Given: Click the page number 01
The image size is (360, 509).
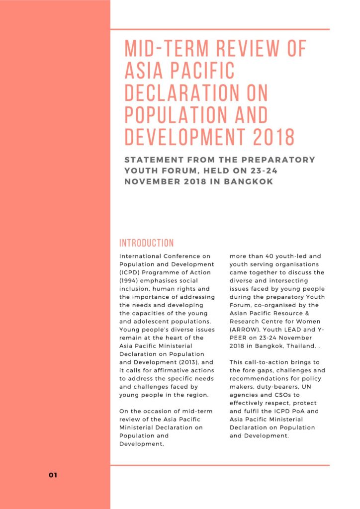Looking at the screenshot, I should click(53, 475).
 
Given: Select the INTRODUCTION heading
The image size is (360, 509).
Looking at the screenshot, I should click(147, 243).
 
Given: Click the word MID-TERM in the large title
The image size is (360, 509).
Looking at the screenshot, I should click(164, 49).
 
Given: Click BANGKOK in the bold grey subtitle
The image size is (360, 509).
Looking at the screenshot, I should click(249, 181).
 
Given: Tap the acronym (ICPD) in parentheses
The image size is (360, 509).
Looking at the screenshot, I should click(131, 272).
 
